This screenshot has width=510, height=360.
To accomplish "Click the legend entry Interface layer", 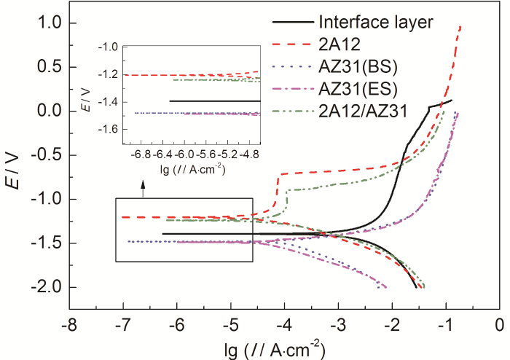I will pyautogui.click(x=377, y=21).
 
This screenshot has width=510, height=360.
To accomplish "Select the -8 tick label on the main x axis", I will pyautogui.click(x=69, y=322).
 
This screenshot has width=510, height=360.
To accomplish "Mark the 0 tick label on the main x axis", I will pyautogui.click(x=500, y=322).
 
